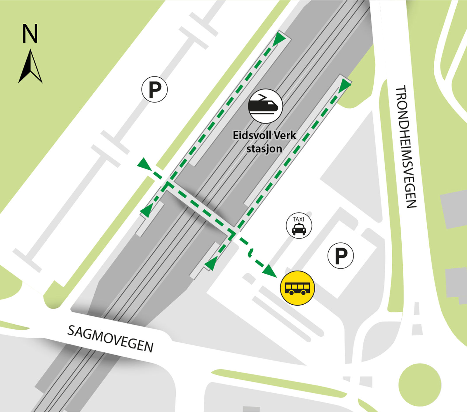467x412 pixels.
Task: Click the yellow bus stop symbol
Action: [297, 288]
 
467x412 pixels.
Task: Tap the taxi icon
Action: [299, 226]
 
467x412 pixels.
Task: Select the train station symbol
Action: [265, 106]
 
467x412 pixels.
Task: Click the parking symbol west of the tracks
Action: [154, 89]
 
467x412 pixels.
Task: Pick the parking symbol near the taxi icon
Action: [340, 255]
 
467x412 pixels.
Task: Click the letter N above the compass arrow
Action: [30, 34]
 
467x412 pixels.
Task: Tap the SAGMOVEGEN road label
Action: [110, 339]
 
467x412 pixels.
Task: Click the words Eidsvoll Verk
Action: [264, 135]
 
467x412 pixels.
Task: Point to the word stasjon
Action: [264, 149]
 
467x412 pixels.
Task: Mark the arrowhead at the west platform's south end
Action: [147, 210]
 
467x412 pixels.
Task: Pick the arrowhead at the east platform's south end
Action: [210, 264]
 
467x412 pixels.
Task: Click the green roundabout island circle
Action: [419, 385]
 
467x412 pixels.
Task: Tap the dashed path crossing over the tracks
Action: [200, 207]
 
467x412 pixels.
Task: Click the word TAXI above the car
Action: [298, 219]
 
